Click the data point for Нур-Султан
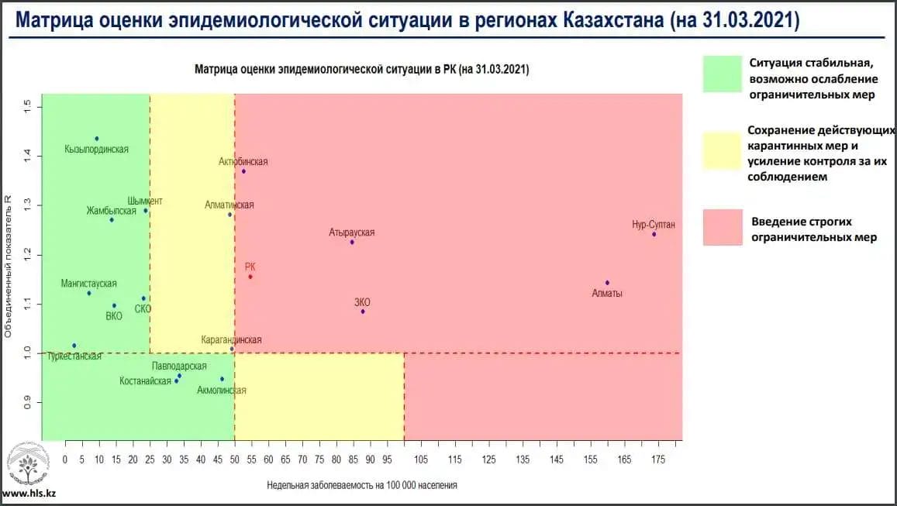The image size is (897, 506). (x=654, y=234)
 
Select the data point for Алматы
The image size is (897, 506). (x=607, y=283)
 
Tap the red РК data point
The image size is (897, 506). (x=250, y=277)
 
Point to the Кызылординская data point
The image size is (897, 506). (x=97, y=139)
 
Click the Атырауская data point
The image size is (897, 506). (x=352, y=243)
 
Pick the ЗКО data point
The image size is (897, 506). (x=363, y=312)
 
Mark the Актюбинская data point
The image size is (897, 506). (x=243, y=171)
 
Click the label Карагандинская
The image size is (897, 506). (x=231, y=340)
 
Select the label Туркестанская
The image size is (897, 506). (x=74, y=356)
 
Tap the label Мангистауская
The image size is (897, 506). (x=89, y=284)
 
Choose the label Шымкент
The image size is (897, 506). (x=145, y=201)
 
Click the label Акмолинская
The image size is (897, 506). (x=222, y=391)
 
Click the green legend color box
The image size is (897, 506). (x=723, y=74)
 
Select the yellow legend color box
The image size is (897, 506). (x=723, y=150)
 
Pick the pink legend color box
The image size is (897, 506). (x=723, y=227)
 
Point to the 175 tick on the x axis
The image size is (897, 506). (x=658, y=460)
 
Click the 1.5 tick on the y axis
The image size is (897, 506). (x=27, y=105)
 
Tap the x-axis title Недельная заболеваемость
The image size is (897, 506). (x=362, y=486)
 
